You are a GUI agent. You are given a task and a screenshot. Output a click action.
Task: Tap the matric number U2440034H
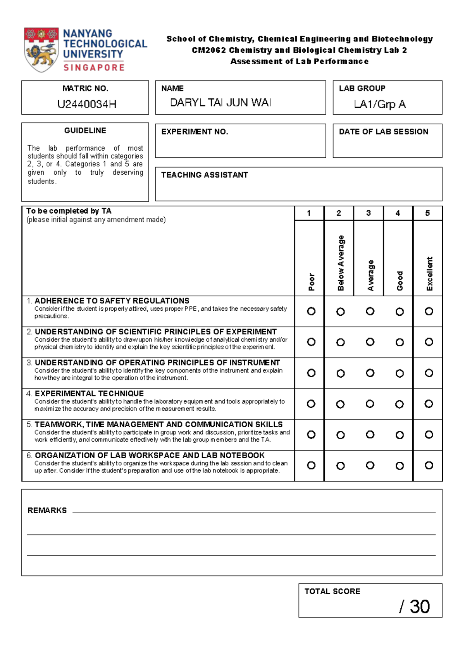click(87, 104)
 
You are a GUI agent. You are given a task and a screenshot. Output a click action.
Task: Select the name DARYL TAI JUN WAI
click(220, 103)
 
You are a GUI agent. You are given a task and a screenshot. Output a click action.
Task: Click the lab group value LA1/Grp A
click(380, 104)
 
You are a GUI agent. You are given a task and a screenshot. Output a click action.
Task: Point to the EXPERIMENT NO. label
click(195, 132)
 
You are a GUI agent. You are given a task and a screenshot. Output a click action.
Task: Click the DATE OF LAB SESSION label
click(383, 132)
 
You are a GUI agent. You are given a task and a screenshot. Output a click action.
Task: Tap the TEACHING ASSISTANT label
click(204, 175)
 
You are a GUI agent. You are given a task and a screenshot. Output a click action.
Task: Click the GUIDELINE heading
click(85, 131)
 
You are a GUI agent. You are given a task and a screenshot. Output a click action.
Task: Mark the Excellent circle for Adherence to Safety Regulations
click(429, 311)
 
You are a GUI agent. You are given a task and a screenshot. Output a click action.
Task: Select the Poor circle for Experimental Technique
click(311, 404)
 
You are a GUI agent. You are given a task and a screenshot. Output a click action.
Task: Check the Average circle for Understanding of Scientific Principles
click(370, 342)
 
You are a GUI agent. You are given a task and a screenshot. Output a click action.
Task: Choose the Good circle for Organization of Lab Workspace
click(400, 466)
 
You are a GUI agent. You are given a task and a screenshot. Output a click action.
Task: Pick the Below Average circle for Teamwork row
click(340, 435)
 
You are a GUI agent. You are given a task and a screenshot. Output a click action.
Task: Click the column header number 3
click(368, 213)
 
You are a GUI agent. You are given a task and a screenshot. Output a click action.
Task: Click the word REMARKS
click(47, 511)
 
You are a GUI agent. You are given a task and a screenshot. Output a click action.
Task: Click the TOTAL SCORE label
click(332, 592)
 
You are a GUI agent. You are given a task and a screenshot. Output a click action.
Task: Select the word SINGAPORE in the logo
click(94, 68)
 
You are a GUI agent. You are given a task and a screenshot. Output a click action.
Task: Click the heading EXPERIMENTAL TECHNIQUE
click(89, 394)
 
